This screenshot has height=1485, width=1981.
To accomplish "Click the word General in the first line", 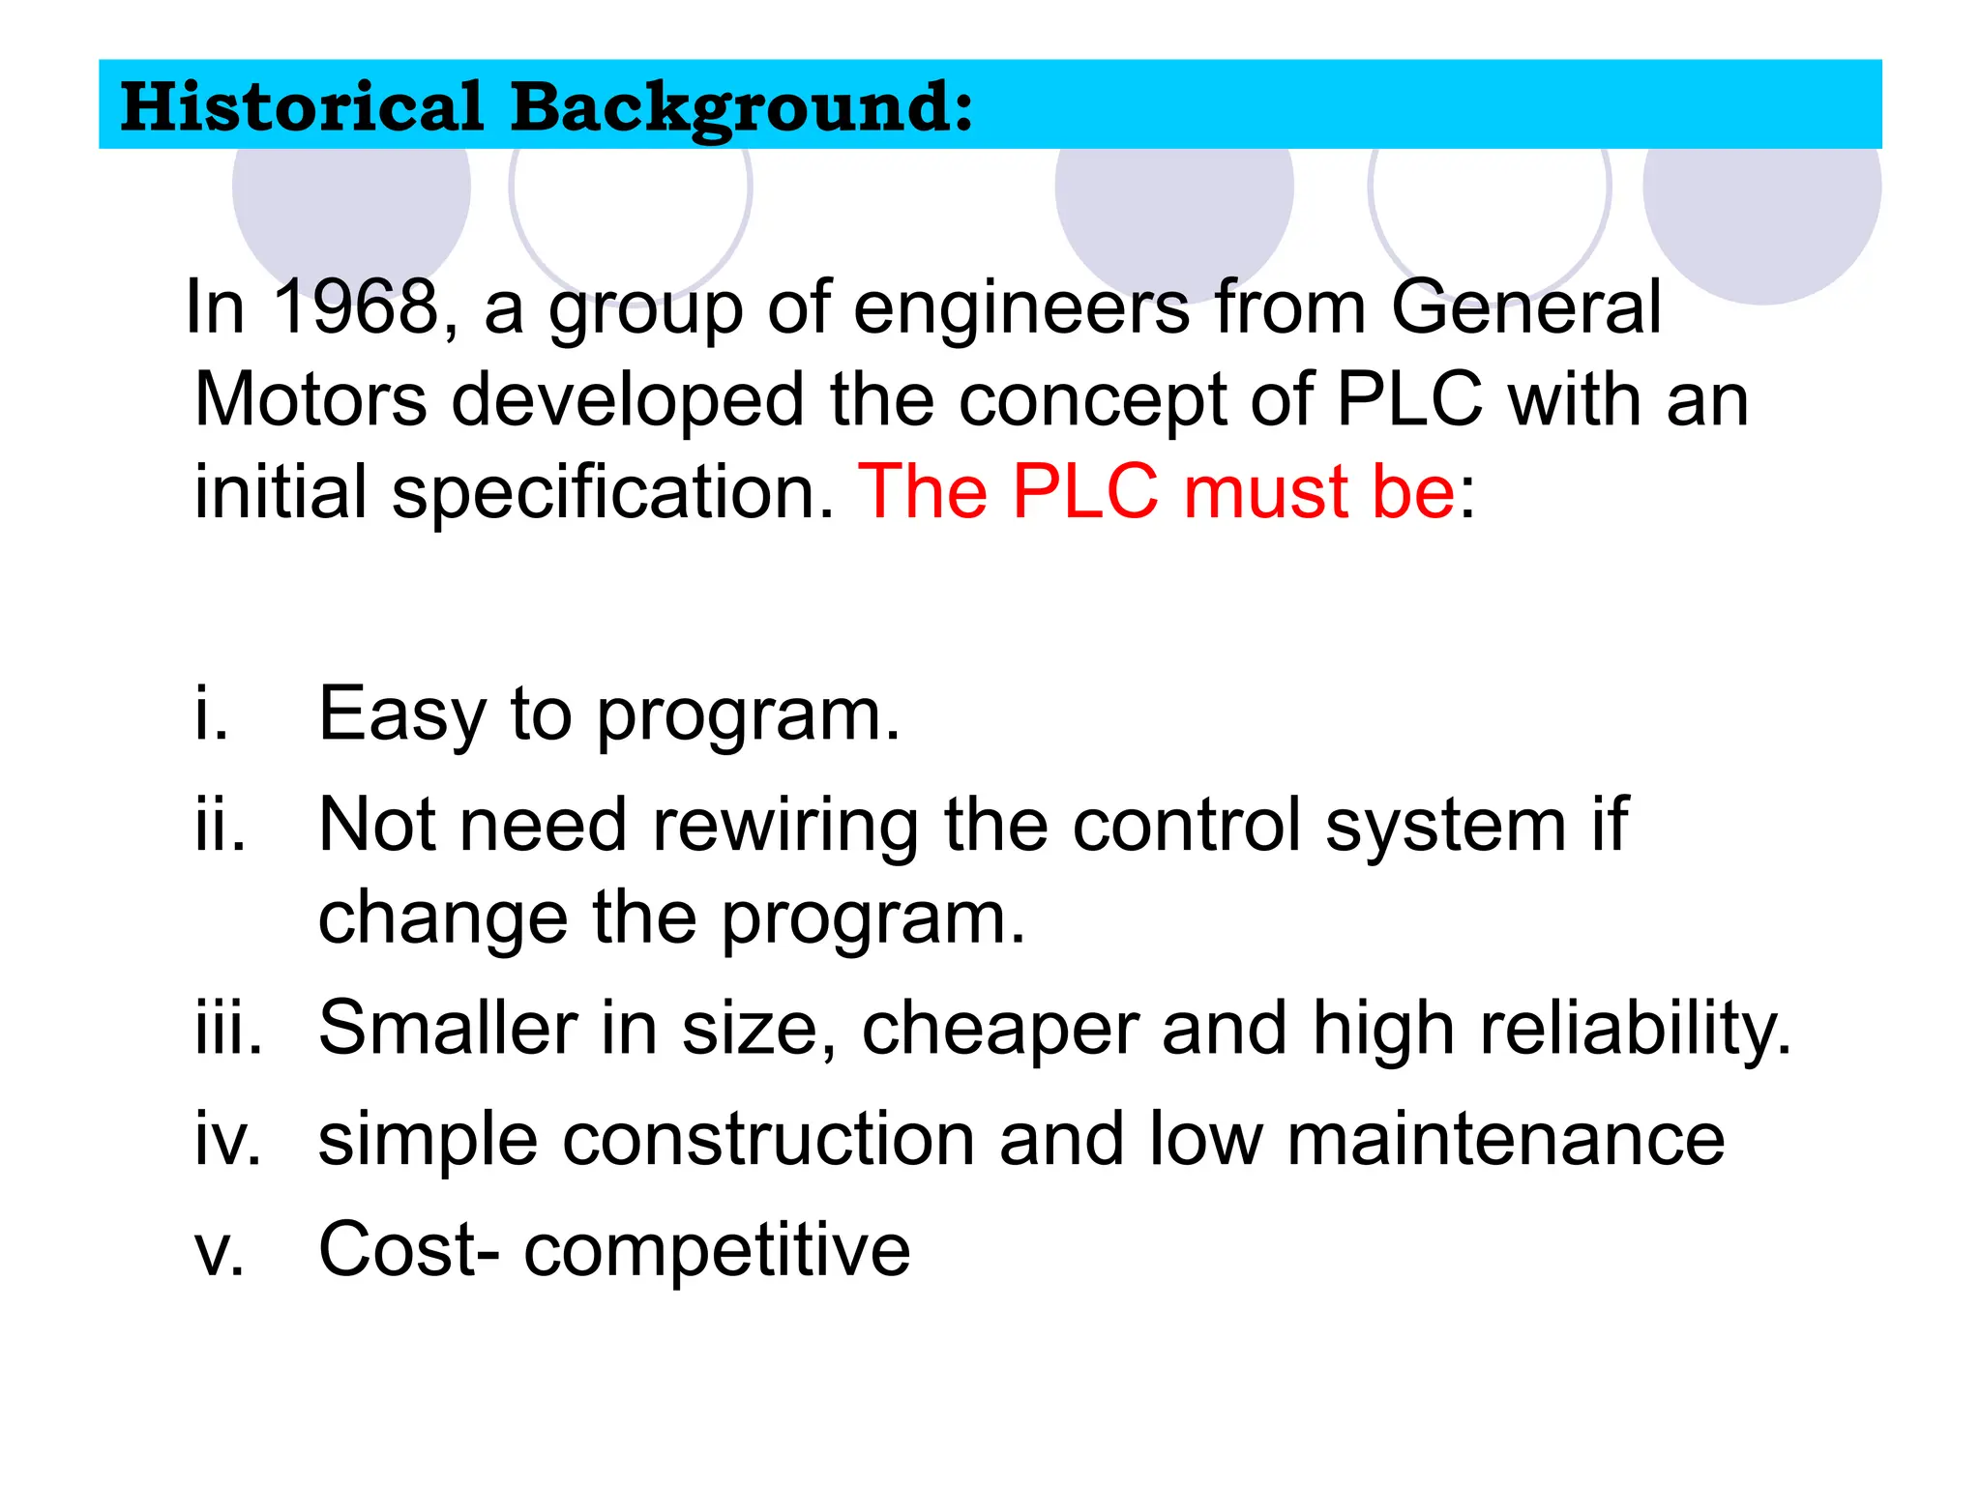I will pos(1526,307).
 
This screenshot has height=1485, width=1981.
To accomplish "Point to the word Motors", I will pos(310,399).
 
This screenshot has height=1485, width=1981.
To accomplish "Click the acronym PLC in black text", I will pos(1409,399).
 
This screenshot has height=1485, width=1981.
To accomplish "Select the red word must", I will pos(1265,491).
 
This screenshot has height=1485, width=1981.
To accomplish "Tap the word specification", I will pos(610,493).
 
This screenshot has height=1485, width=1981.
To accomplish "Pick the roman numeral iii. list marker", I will pos(228,1028).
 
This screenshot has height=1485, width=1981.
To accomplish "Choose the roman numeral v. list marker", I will pos(220,1250).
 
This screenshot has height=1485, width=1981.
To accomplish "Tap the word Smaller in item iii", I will pos(448,1028).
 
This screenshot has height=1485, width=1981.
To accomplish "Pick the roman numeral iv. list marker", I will pos(227,1139).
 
